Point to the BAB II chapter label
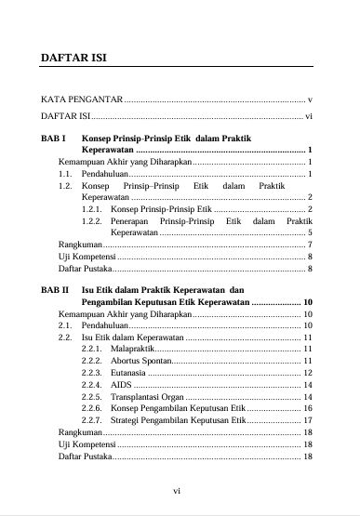(x=55, y=290)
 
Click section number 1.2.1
(x=91, y=210)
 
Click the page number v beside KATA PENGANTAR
(x=310, y=99)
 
